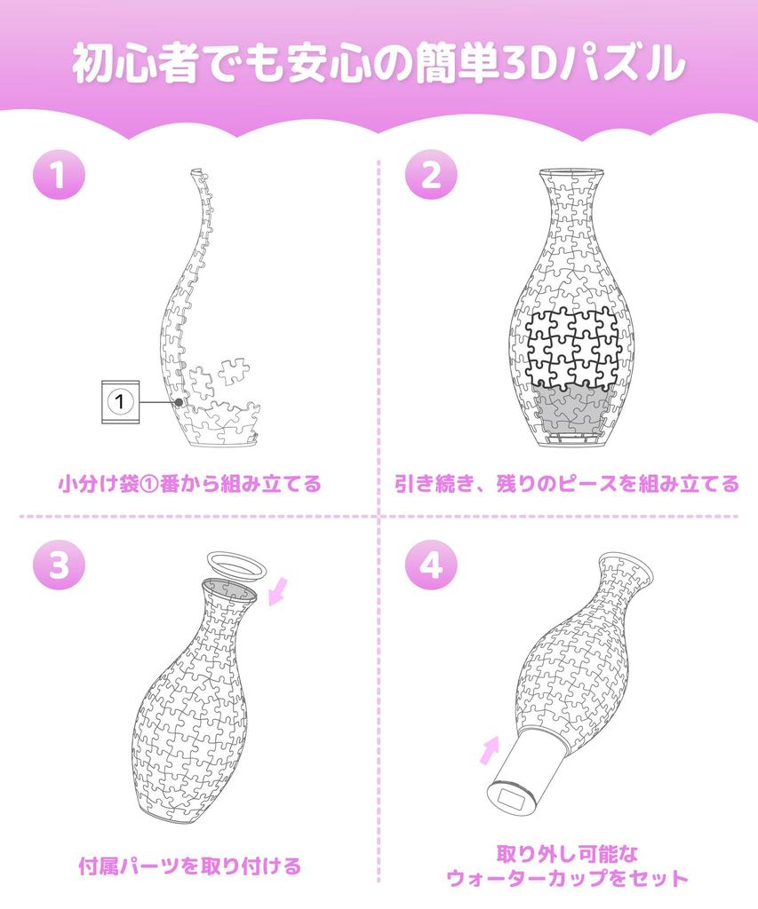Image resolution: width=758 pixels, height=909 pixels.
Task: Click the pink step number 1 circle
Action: (59, 173)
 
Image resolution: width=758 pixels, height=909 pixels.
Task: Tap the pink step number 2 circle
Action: (431, 173)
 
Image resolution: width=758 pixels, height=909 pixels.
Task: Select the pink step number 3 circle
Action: (59, 564)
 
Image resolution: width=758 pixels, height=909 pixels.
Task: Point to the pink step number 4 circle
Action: (431, 564)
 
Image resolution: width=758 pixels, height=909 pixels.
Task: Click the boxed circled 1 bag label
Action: (121, 402)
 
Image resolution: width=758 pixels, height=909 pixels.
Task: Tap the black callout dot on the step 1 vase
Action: (180, 402)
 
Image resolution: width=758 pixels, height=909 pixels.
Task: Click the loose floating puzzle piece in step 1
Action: (234, 371)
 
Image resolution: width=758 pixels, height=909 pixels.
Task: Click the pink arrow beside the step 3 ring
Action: (278, 591)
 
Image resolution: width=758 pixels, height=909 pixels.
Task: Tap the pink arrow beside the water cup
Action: (491, 750)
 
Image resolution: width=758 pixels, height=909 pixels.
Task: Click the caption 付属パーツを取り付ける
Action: (190, 866)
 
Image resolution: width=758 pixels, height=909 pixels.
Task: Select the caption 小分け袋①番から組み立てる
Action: (190, 484)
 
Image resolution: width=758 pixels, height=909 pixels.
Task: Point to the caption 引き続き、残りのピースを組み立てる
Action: (567, 484)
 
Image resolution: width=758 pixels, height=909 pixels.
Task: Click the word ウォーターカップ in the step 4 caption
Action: (524, 878)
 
